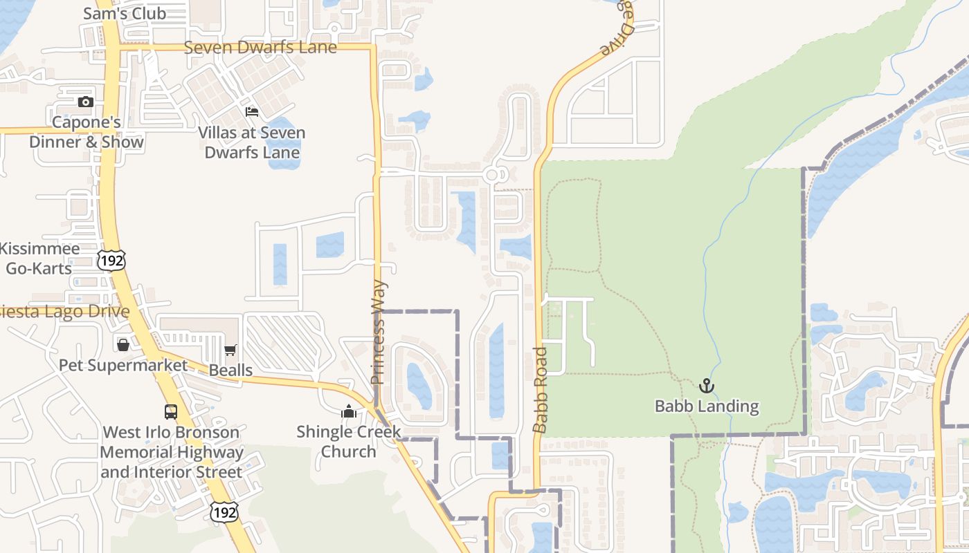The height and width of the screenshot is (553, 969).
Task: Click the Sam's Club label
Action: (125, 13)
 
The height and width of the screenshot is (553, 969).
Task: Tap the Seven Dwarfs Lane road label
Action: (260, 48)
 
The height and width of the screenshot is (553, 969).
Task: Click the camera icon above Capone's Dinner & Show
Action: (85, 102)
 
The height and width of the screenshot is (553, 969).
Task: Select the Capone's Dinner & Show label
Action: (87, 132)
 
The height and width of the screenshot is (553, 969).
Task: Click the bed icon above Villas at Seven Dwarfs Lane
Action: (252, 111)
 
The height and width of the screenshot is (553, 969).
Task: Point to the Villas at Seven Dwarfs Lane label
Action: (252, 142)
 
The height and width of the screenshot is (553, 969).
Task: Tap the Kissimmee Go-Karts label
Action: (39, 258)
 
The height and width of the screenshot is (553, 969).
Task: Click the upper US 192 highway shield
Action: (111, 261)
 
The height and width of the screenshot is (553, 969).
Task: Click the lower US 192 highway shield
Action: (225, 512)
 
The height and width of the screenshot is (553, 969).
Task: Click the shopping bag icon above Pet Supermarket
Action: (123, 344)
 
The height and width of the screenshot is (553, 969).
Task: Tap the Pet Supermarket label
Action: (123, 365)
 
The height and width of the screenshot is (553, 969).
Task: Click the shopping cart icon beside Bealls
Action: (230, 350)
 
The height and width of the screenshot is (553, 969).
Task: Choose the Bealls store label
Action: (230, 371)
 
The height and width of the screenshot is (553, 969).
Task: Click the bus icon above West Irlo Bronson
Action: (171, 411)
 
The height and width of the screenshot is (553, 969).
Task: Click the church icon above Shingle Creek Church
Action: (348, 412)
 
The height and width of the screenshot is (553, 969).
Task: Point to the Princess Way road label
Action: (378, 332)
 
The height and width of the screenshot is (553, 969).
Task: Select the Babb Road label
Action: (541, 390)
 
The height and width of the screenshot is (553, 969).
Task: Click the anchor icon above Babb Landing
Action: (707, 386)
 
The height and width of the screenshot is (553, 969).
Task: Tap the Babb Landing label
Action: (707, 406)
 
